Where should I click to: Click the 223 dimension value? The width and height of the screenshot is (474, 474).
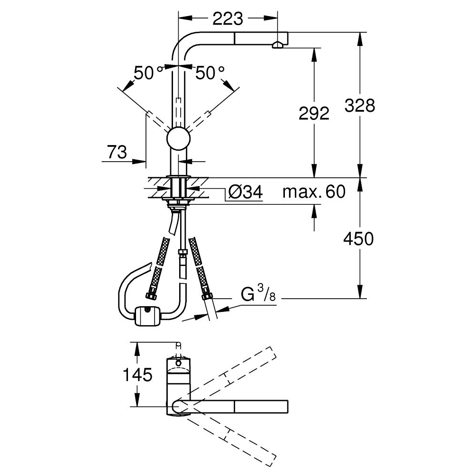coord(228,19)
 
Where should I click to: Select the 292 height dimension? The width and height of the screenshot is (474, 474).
coord(314,113)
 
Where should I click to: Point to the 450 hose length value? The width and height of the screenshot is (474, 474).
coord(359,239)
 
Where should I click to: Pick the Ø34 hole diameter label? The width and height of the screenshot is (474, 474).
coord(245,192)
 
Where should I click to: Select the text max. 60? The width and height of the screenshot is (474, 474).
coord(314,192)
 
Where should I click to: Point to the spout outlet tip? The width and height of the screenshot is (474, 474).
coord(278,45)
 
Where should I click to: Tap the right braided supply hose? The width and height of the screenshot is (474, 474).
coord(199,265)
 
